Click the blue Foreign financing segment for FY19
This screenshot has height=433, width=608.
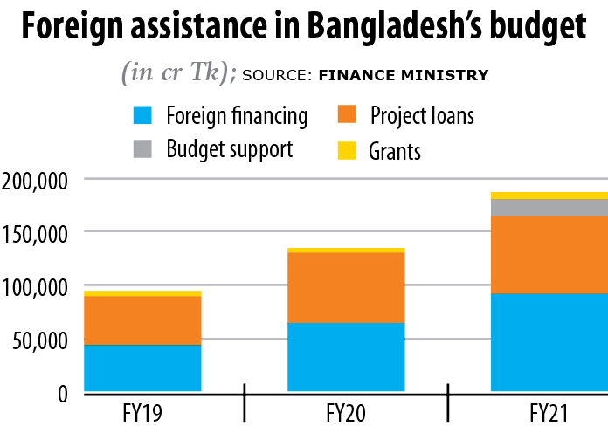(x=142, y=368)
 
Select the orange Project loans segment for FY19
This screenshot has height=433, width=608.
(x=142, y=320)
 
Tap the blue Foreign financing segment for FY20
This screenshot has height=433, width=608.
(x=346, y=356)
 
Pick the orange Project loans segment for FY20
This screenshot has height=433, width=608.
(x=346, y=287)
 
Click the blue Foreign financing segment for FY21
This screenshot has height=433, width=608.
(x=549, y=342)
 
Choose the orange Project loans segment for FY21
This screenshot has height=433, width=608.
(x=549, y=255)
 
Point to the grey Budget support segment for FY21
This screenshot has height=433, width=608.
(x=549, y=207)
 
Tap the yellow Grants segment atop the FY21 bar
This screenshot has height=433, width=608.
(x=549, y=196)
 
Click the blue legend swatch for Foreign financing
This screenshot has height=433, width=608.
(x=142, y=114)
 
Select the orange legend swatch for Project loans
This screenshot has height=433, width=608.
(x=347, y=114)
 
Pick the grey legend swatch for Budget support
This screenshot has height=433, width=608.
(x=142, y=148)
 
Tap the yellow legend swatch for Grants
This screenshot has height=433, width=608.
(x=347, y=150)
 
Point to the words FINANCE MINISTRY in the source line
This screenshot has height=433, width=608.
(x=404, y=75)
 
